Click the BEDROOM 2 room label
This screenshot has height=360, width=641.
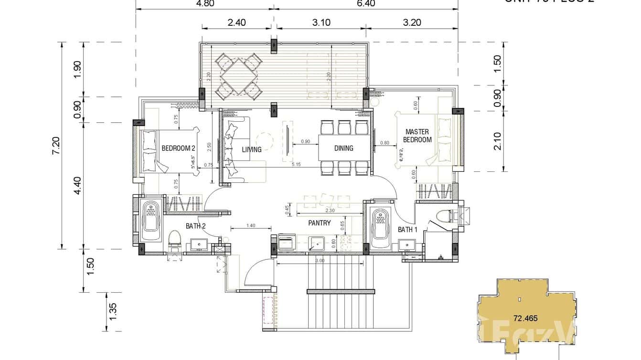point(178,148)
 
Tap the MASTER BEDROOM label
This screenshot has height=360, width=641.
point(417,136)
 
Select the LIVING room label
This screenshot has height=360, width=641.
point(252,149)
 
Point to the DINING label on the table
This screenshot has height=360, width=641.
point(343,148)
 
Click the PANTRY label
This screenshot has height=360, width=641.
point(319,222)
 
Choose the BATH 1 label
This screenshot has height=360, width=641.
point(407,230)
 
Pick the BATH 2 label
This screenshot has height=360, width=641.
point(195,226)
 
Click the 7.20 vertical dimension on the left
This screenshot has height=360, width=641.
point(57,145)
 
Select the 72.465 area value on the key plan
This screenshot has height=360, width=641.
point(523,317)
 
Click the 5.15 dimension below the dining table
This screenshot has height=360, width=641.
point(296,165)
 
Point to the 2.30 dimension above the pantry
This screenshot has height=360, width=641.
point(329,211)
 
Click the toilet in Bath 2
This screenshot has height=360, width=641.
point(174,239)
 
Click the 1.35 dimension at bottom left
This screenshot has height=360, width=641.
point(113,312)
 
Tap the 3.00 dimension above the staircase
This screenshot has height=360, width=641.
point(320,261)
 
